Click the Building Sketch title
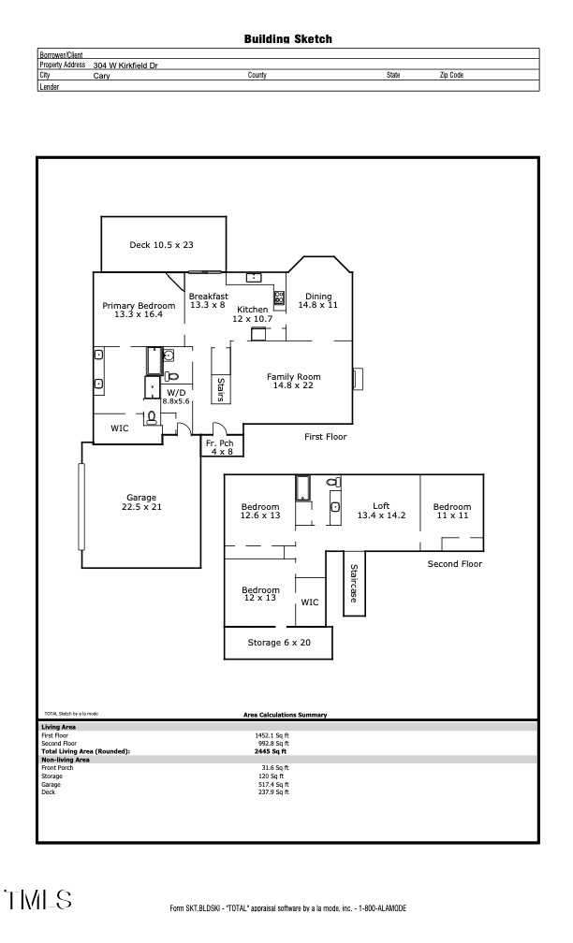[287, 39]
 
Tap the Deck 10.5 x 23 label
[161, 245]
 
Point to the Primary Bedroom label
[139, 311]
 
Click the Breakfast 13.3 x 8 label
[208, 300]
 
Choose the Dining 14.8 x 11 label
[317, 300]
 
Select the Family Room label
[293, 381]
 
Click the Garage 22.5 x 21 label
[141, 501]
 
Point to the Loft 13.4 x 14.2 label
[374, 511]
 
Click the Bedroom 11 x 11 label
[451, 511]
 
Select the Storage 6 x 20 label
[279, 643]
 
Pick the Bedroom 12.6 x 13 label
[260, 511]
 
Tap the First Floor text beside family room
[326, 437]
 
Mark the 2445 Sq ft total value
[272, 751]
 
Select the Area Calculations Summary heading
[285, 715]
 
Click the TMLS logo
[38, 900]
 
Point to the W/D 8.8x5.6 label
[176, 397]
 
